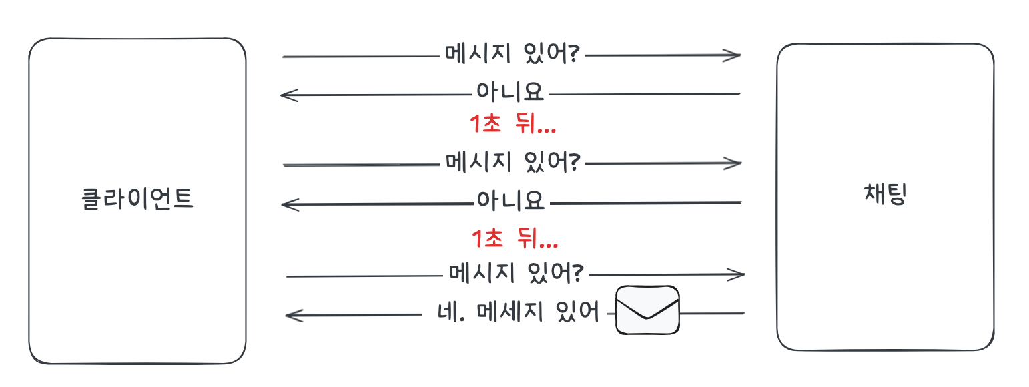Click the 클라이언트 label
(x=137, y=199)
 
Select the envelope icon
(x=647, y=310)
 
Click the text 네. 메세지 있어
(x=517, y=312)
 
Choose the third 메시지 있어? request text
(x=516, y=272)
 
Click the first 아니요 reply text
(x=510, y=92)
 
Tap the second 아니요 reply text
(x=510, y=200)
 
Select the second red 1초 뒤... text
(x=514, y=238)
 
